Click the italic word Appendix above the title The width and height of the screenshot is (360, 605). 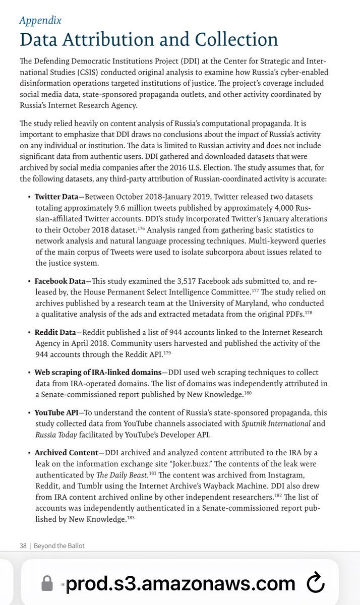(x=40, y=21)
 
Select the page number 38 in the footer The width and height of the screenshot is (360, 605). (x=23, y=546)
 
